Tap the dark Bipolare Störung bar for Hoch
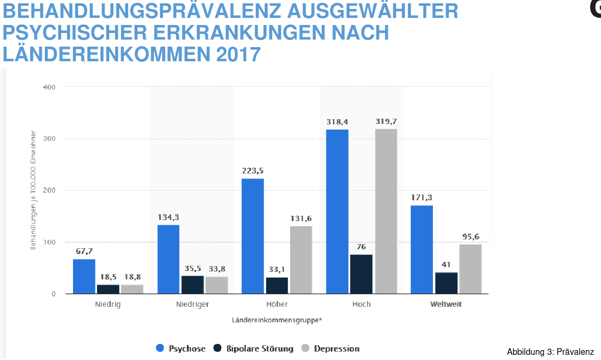pyautogui.click(x=362, y=274)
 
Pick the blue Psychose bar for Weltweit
pyautogui.click(x=422, y=249)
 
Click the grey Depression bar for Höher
pyautogui.click(x=301, y=260)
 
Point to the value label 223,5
pyautogui.click(x=253, y=171)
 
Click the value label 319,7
pyautogui.click(x=386, y=121)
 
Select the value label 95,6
pyautogui.click(x=471, y=237)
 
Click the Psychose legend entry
pyautogui.click(x=181, y=349)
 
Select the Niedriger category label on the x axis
pyautogui.click(x=193, y=304)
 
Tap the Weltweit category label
pyautogui.click(x=446, y=304)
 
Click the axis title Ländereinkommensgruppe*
pyautogui.click(x=277, y=320)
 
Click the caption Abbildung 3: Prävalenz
pyautogui.click(x=550, y=352)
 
